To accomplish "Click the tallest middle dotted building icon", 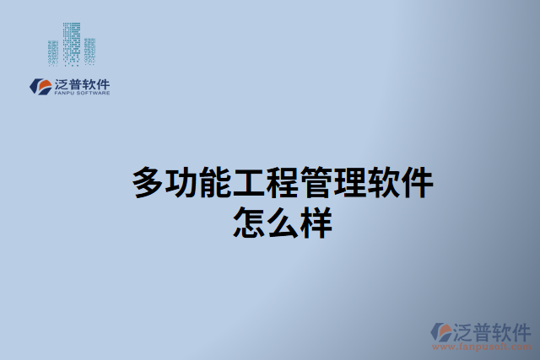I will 72,40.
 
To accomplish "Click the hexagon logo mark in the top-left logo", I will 40,86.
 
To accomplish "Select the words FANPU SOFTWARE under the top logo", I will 81,94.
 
